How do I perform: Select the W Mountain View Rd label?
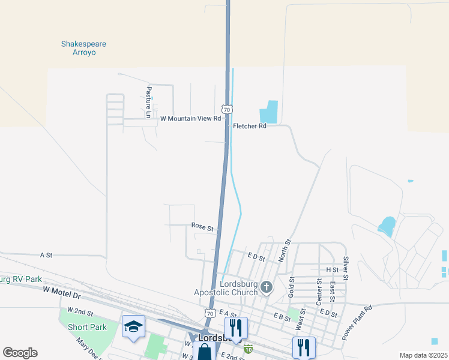tap(190, 119)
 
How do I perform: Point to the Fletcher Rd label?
tap(249, 126)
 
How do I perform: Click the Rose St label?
tap(202, 227)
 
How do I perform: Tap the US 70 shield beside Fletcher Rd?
tap(226, 110)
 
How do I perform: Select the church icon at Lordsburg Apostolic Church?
tap(267, 289)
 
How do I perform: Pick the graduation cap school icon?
tap(133, 326)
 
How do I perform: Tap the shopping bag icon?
tap(204, 351)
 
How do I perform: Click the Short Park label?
tap(87, 327)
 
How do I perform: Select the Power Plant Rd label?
tap(357, 323)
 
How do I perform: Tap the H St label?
tap(332, 270)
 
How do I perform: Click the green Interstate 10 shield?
tap(248, 349)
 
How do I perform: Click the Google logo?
tap(20, 353)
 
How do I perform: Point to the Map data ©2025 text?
tap(423, 355)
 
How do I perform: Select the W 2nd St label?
tap(80, 311)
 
